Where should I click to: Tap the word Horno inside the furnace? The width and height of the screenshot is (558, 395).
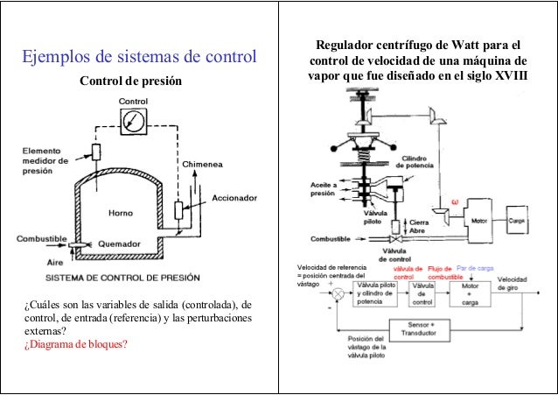tap(120, 212)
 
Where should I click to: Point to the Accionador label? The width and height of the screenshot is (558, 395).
tap(234, 198)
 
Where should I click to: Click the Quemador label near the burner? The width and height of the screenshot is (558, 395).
tap(118, 244)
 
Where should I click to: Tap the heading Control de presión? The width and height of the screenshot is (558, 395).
tap(130, 83)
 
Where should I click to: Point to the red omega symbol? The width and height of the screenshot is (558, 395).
tap(454, 201)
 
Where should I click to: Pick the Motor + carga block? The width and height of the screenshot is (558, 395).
tap(471, 292)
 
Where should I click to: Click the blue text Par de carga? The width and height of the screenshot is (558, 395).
tap(476, 268)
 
